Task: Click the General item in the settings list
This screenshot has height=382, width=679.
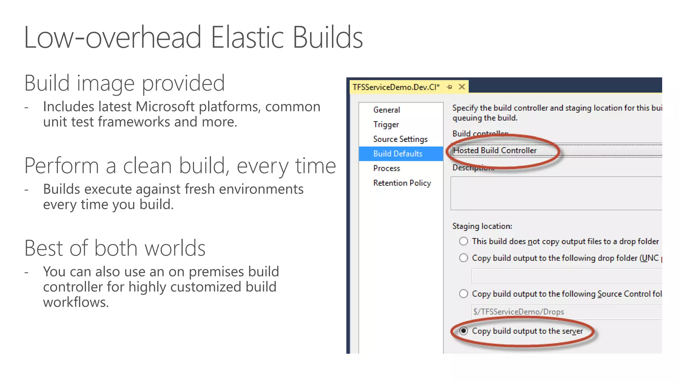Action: click(x=386, y=110)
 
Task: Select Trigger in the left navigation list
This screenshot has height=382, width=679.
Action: click(x=386, y=124)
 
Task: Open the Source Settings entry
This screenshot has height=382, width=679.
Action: click(x=400, y=139)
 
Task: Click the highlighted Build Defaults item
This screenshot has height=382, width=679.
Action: click(x=398, y=154)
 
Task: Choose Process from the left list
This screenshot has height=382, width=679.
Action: click(x=387, y=168)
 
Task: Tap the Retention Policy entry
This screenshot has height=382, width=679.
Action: click(x=402, y=183)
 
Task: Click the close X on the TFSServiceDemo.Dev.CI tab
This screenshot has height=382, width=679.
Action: click(x=462, y=87)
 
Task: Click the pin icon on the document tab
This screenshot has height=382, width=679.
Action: click(x=449, y=87)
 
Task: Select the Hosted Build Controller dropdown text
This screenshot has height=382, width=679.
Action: click(x=495, y=150)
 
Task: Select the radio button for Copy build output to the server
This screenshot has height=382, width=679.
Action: click(x=463, y=331)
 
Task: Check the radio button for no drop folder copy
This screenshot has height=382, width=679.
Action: click(x=463, y=241)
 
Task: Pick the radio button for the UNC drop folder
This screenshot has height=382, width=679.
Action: click(x=463, y=258)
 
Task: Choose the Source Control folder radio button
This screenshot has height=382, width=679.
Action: click(x=463, y=293)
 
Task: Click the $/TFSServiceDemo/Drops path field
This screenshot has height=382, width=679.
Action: click(x=564, y=312)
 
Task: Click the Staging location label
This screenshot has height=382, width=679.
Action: click(x=482, y=226)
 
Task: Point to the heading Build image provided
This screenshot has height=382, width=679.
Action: click(x=124, y=83)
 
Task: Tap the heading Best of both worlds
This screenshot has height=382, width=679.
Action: click(x=115, y=248)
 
